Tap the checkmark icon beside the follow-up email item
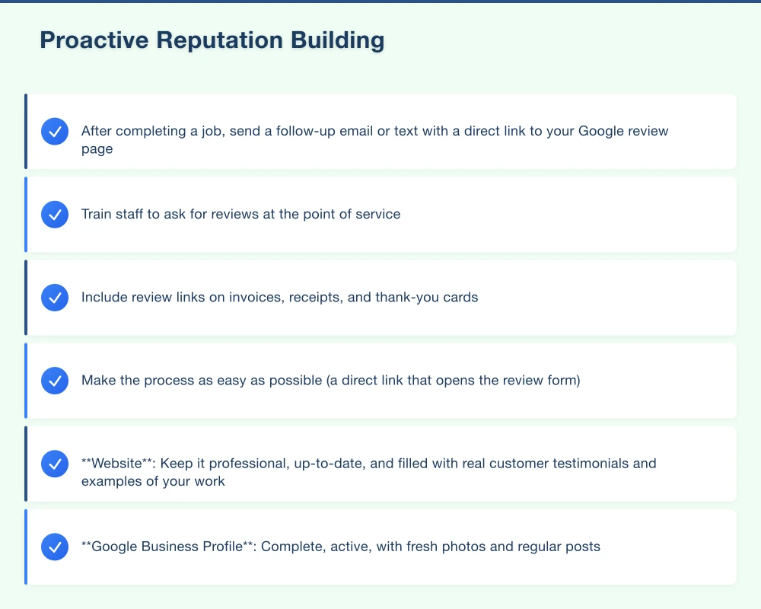tap(55, 132)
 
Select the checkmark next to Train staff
tap(55, 215)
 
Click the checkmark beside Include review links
tap(55, 298)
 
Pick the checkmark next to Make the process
tap(55, 381)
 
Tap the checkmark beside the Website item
tap(55, 464)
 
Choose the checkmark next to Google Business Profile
tap(55, 547)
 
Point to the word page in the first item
tap(97, 149)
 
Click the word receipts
tap(315, 297)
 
